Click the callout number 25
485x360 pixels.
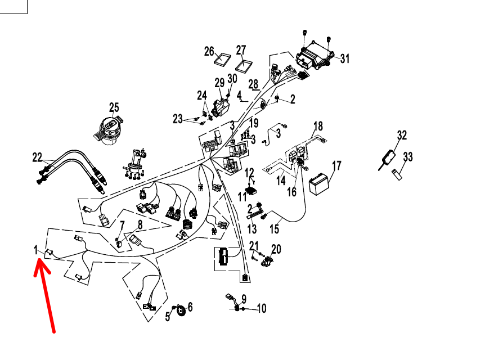pyautogui.click(x=114, y=107)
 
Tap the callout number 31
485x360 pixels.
pyautogui.click(x=344, y=58)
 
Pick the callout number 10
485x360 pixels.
pyautogui.click(x=262, y=308)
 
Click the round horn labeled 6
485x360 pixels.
pyautogui.click(x=181, y=311)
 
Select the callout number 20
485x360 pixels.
pyautogui.click(x=276, y=249)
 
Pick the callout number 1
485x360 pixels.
pyautogui.click(x=36, y=249)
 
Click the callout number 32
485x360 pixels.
pyautogui.click(x=401, y=135)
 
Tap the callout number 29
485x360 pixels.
pyautogui.click(x=219, y=83)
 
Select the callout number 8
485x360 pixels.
pyautogui.click(x=140, y=224)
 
